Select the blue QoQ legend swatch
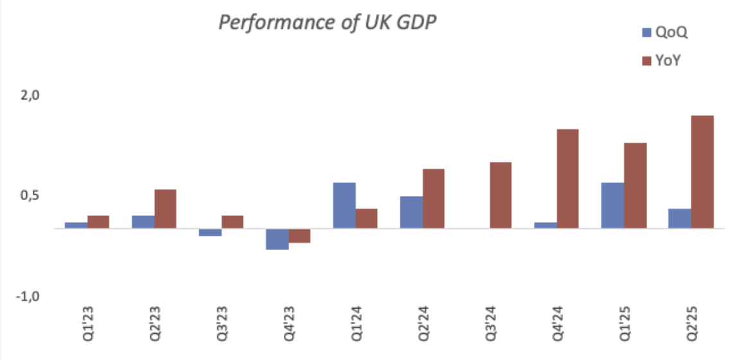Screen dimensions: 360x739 (646, 32)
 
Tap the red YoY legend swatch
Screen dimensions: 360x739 (646, 60)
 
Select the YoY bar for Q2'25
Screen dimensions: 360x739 (702, 172)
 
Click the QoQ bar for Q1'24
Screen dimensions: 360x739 (344, 206)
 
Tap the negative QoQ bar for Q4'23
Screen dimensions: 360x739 (278, 239)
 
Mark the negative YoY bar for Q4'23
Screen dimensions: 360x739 (299, 235)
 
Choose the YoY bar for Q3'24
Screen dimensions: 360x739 (501, 195)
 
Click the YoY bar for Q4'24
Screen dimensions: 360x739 (567, 179)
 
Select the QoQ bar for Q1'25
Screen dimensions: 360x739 (612, 206)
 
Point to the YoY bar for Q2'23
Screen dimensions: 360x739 (165, 209)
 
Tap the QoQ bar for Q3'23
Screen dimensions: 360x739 (210, 232)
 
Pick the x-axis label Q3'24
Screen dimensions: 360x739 (490, 325)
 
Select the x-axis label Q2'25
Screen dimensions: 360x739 (691, 325)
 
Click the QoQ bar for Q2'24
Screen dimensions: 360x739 (411, 212)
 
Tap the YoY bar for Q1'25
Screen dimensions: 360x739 (635, 185)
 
